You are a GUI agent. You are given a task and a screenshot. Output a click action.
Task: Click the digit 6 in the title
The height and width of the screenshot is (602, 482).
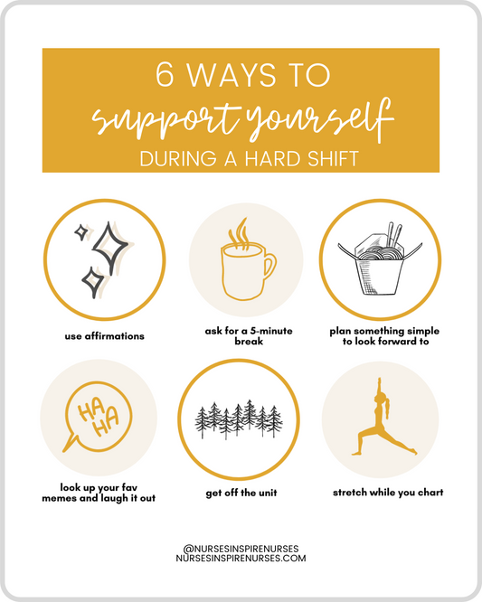click(x=165, y=74)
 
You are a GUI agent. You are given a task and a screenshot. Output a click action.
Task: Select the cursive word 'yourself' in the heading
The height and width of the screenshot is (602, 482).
click(x=319, y=120)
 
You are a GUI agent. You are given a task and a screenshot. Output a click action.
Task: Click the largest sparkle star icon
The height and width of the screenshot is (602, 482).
click(x=109, y=248)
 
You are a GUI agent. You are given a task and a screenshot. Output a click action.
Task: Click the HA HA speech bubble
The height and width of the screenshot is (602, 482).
click(x=98, y=418)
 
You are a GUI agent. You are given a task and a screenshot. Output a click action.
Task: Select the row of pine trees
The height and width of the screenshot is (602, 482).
click(x=239, y=419)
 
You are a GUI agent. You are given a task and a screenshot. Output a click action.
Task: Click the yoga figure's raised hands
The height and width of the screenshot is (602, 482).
click(x=380, y=382)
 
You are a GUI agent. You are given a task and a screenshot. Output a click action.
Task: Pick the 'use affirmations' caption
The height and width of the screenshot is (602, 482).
click(x=105, y=336)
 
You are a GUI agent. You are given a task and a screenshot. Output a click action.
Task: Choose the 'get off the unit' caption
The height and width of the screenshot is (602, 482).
click(x=241, y=493)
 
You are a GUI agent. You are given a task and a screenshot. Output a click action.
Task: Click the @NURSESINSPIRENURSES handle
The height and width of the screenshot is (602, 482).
click(x=241, y=549)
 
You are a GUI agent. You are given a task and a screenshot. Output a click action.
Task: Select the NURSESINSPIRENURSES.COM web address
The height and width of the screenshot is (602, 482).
click(x=241, y=559)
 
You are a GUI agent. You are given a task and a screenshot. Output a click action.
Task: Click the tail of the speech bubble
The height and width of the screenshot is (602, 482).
click(x=70, y=444)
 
